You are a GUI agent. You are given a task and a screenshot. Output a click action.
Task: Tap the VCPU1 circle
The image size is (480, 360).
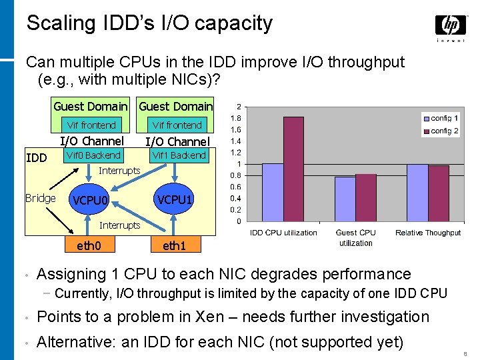[174, 199]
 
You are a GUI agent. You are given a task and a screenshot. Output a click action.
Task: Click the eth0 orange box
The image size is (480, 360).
[89, 245]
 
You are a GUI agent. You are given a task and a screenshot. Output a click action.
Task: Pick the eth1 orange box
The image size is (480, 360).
[174, 245]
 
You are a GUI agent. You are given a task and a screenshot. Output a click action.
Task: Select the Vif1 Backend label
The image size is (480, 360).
[179, 155]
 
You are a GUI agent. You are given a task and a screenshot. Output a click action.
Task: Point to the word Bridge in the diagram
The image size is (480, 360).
[40, 198]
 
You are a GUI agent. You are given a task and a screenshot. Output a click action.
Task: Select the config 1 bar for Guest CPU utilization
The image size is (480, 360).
[345, 199]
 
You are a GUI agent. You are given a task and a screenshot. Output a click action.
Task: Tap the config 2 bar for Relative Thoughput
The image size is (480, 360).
[438, 193]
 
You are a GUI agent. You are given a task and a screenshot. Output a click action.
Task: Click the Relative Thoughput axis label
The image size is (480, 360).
[428, 233]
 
